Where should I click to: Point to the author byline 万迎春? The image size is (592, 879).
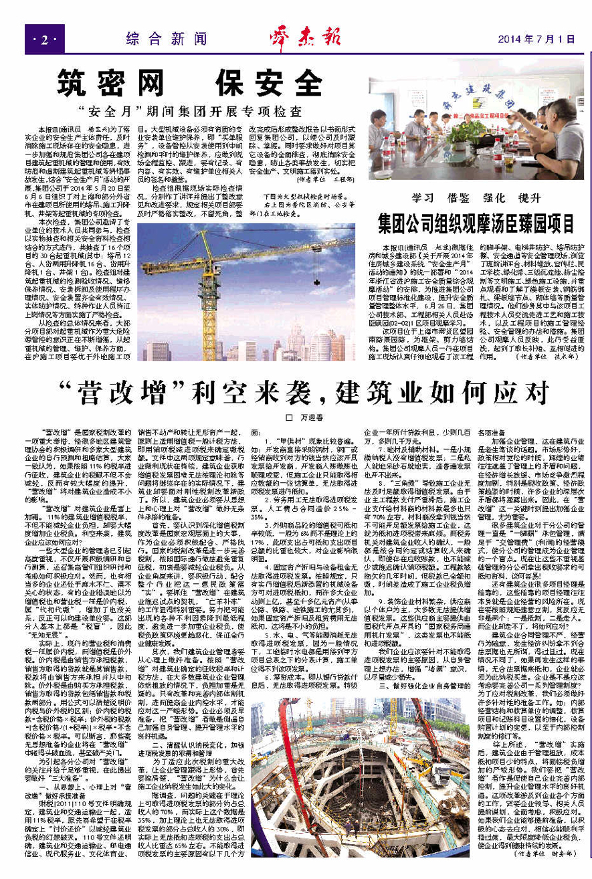(x=300, y=417)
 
